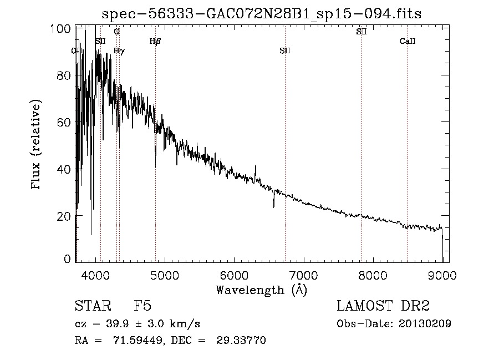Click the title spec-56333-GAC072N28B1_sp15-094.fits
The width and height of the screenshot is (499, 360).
tap(262, 14)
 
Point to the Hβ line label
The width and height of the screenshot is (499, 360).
tap(155, 41)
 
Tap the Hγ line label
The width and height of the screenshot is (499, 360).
tap(119, 51)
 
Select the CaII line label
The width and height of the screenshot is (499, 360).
tap(408, 41)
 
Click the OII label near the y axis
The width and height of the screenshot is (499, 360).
tap(78, 51)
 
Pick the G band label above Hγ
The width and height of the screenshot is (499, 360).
tap(116, 32)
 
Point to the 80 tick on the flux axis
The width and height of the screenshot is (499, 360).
tap(65, 75)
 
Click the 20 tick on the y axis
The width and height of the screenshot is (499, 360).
tap(65, 215)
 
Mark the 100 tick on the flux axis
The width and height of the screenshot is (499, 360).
tap(63, 29)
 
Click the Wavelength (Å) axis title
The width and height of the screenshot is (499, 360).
tap(262, 290)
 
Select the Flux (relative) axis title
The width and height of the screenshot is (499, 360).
tap(37, 145)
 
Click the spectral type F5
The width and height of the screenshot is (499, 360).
tap(142, 306)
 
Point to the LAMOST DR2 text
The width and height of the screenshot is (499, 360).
tap(383, 306)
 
